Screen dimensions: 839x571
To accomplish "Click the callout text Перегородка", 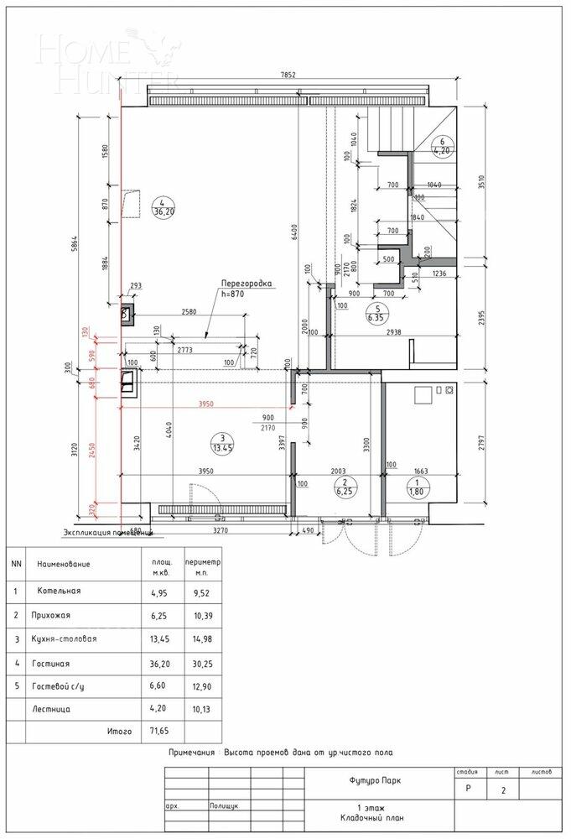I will click(x=246, y=284).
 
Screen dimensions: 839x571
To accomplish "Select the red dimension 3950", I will click(x=206, y=404).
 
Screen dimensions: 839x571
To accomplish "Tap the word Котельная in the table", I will click(x=59, y=591).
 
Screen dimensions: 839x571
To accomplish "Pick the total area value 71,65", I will click(x=161, y=732).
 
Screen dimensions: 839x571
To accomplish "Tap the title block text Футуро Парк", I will click(x=374, y=780).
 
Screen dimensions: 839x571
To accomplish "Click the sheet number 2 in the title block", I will click(x=502, y=791).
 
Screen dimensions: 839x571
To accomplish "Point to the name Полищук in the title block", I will click(x=226, y=805).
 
